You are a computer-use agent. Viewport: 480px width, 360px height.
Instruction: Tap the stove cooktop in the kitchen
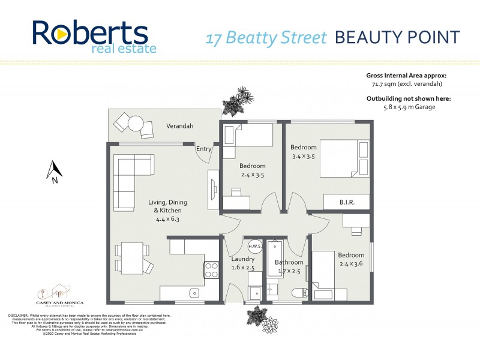212,270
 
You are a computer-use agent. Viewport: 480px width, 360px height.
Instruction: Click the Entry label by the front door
204,149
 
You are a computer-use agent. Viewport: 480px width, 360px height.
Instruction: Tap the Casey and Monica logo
59,296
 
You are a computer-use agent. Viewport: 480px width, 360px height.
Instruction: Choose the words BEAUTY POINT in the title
397,37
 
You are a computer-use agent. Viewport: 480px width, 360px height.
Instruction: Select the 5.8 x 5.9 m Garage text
409,107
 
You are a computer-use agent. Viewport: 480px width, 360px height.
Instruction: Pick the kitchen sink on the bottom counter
193,293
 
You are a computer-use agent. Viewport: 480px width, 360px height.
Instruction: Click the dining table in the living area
131,256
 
